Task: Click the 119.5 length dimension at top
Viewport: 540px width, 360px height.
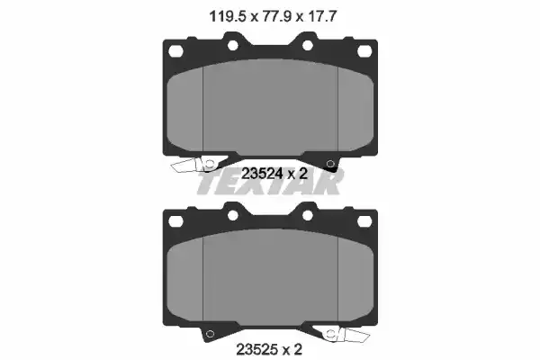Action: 228,16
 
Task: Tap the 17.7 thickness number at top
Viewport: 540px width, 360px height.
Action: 321,16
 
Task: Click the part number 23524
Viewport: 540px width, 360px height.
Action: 262,174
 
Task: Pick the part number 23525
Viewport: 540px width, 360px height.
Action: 256,349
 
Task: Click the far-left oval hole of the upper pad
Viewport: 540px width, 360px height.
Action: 175,51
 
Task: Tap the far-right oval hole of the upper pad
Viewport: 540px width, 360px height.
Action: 364,51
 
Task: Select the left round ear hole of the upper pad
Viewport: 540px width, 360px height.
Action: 233,45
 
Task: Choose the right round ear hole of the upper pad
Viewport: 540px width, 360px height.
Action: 308,45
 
